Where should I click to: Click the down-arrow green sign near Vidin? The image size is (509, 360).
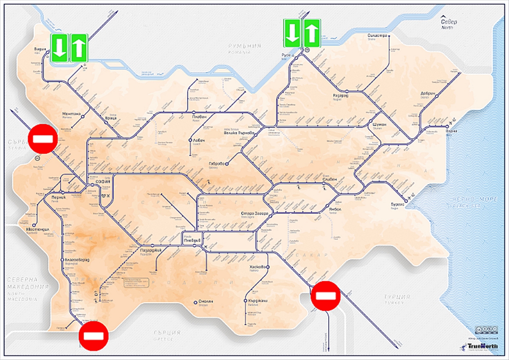tap(59, 48)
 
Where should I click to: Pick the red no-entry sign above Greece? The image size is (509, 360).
tap(94, 336)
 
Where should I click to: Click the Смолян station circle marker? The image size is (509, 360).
tap(195, 302)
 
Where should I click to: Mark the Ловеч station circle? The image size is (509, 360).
tap(190, 140)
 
